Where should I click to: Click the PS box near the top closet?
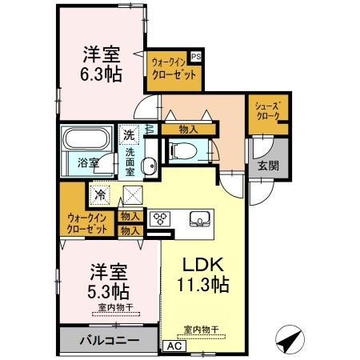(x=196, y=57)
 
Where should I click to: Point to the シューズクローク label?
(x=267, y=110)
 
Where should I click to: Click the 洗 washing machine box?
(x=129, y=136)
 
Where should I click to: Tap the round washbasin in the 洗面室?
(x=149, y=166)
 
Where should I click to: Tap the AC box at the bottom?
(x=173, y=346)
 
